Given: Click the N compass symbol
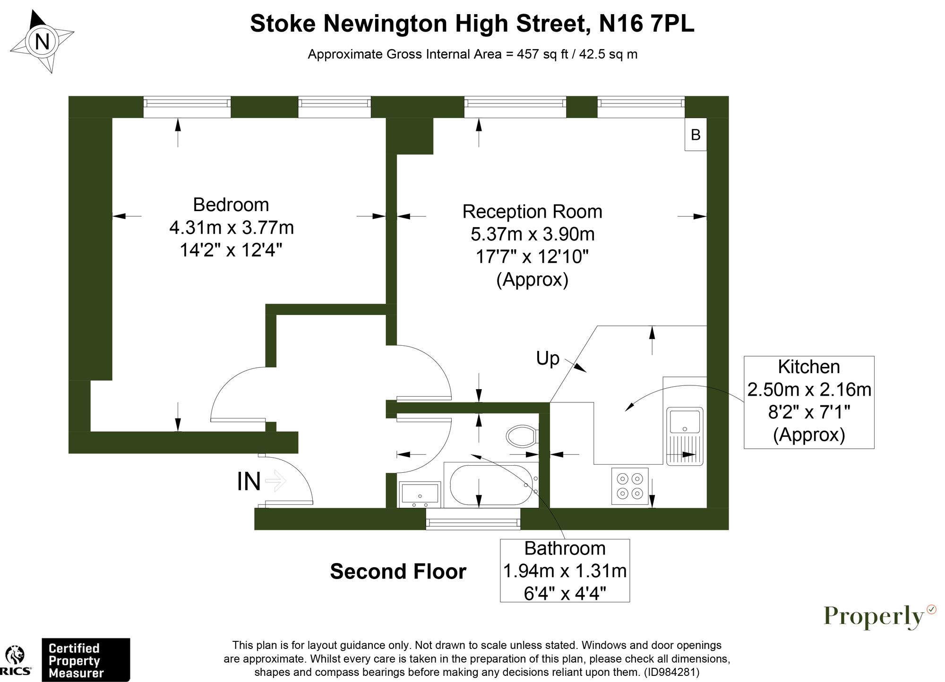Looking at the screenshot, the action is tap(43, 42).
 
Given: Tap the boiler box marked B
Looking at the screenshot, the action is tap(696, 135).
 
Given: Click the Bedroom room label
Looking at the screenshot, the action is tap(231, 205).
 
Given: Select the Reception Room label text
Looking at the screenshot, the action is tap(532, 212).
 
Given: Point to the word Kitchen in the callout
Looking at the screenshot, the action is tap(809, 367).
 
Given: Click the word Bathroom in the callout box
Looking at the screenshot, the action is tap(565, 548).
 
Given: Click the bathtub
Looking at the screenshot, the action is tap(491, 485).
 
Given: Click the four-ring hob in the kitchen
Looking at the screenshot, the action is tap(630, 486).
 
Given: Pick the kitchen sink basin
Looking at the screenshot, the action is tap(684, 421).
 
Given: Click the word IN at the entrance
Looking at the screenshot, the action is tap(249, 482).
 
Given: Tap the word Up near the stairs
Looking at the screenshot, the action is tap(548, 358).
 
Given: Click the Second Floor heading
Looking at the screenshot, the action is tap(398, 571).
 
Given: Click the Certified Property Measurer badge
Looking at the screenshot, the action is tap(86, 660).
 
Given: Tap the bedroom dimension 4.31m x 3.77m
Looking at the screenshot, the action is tap(232, 228).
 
